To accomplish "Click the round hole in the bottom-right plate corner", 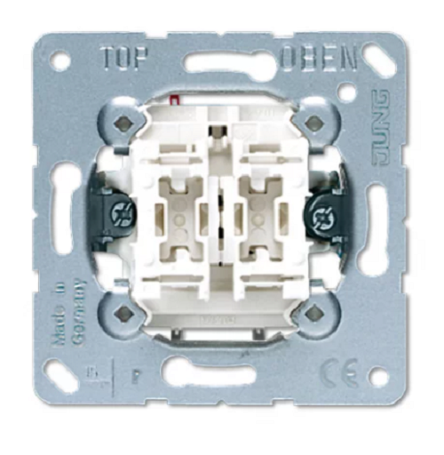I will [378, 376].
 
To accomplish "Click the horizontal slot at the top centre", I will [222, 64].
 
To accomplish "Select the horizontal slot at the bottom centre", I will [222, 374].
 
